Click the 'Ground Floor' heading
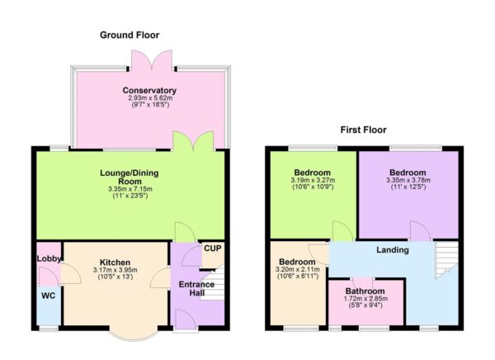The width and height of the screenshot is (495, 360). pos(130,35)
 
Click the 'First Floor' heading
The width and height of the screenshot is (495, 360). pos(363,130)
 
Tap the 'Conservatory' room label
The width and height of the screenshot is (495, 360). pos(149,90)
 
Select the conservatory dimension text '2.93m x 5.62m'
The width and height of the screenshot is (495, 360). pos(149,98)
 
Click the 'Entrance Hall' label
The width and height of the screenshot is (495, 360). pos(196,290)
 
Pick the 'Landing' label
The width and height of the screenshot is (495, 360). pos(394,249)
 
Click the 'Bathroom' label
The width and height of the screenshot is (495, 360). pos(365,291)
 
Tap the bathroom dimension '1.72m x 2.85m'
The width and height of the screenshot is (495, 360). pos(365,300)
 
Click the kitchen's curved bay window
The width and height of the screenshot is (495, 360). pos(132,335)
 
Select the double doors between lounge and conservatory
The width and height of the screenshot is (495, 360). pos(189,140)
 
